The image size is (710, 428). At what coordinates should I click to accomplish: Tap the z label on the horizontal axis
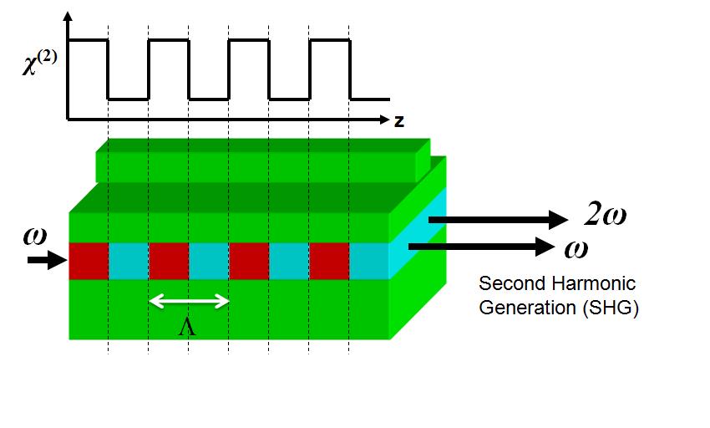click(399, 121)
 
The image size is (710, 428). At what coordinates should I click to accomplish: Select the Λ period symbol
click(187, 327)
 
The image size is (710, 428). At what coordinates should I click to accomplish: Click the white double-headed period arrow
click(189, 301)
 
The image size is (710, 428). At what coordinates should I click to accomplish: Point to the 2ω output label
click(605, 213)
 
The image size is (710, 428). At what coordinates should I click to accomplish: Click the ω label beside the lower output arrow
click(576, 249)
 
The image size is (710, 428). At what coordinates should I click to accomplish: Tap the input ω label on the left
click(35, 237)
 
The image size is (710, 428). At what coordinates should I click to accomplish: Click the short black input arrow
click(47, 260)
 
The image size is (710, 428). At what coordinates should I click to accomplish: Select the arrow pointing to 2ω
click(498, 220)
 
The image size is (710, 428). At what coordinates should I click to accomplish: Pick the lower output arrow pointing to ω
click(481, 247)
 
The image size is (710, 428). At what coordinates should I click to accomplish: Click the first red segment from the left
click(89, 261)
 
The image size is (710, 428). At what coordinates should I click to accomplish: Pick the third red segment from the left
click(249, 261)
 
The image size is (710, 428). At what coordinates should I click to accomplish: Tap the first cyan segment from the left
click(129, 261)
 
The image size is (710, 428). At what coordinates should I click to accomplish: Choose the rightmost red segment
click(329, 261)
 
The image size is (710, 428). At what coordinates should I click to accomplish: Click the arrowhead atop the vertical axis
click(68, 18)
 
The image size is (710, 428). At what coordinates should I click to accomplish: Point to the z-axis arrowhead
click(384, 120)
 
